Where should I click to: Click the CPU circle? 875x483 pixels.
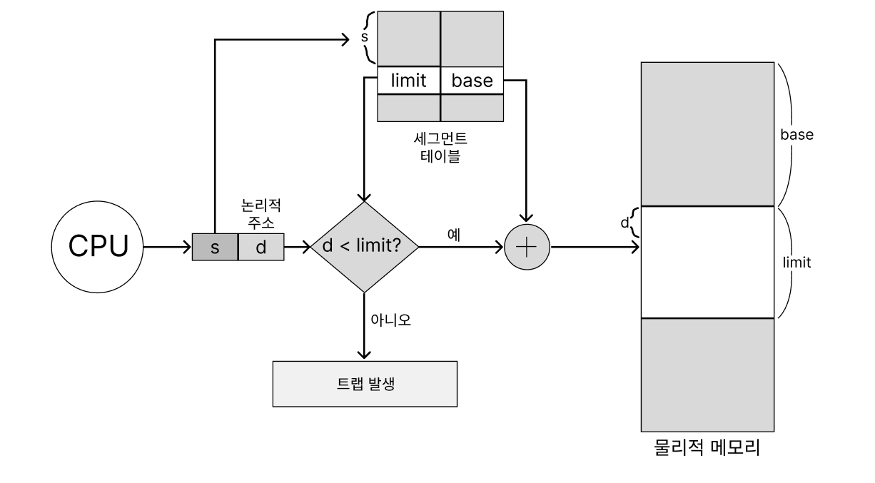point(98,247)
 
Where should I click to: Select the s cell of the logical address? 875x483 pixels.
point(215,247)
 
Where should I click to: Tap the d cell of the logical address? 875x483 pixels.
point(261,247)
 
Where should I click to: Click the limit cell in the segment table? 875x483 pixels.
point(408,81)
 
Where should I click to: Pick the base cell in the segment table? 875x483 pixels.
point(472,81)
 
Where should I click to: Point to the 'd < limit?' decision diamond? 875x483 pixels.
point(365,247)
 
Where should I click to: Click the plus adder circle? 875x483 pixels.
point(527,247)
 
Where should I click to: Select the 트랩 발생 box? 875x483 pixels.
point(365,384)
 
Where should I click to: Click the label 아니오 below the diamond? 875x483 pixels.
point(390,318)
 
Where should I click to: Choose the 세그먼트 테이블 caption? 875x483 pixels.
point(440,148)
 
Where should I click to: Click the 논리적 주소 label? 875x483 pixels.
point(262,213)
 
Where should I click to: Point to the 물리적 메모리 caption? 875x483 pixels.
point(707,449)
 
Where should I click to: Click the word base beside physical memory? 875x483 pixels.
point(796,134)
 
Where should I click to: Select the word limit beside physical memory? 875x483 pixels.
point(796,263)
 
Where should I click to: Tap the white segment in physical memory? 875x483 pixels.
point(707,262)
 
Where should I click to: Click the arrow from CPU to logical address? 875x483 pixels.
point(168,247)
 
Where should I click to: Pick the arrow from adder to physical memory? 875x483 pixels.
point(594,247)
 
